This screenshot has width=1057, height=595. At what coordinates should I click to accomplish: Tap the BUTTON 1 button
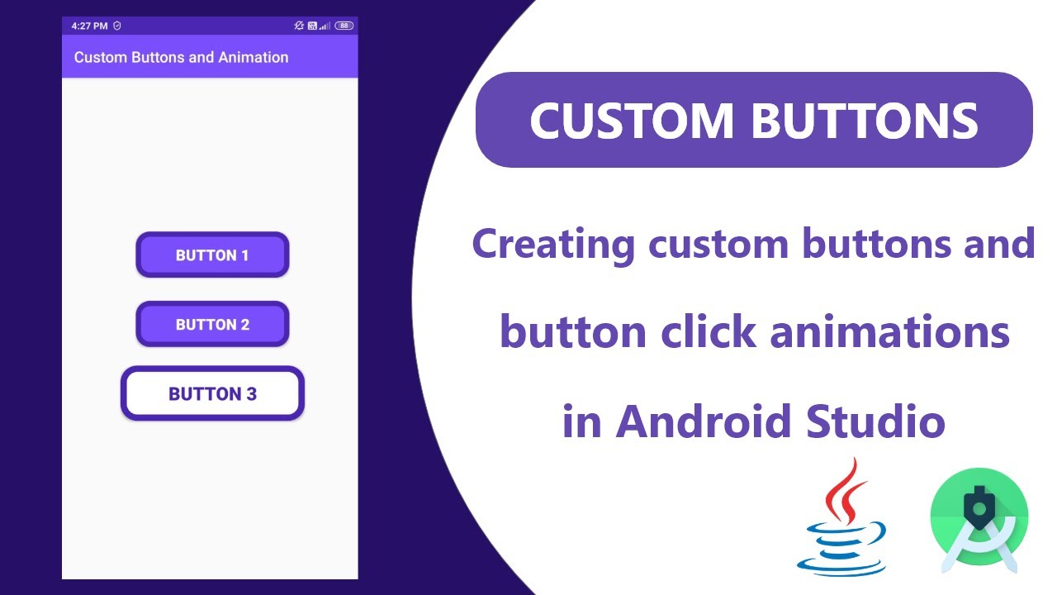click(212, 255)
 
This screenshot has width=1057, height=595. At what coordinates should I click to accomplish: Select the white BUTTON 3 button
click(213, 393)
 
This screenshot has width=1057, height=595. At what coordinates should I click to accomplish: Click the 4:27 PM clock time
click(89, 26)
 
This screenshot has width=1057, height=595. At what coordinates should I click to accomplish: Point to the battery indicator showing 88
click(344, 26)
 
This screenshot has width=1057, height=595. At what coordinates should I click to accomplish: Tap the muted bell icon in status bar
click(299, 26)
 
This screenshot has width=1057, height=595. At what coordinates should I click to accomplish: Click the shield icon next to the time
click(117, 26)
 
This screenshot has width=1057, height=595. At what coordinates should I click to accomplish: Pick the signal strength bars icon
click(325, 26)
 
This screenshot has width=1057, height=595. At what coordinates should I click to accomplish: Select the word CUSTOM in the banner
click(631, 121)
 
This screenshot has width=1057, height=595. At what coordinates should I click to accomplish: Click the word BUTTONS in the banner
click(865, 121)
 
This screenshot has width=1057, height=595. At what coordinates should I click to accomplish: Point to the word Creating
click(553, 244)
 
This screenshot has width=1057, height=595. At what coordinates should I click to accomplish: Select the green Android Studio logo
click(979, 519)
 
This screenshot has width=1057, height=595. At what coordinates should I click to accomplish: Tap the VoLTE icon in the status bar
click(313, 26)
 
